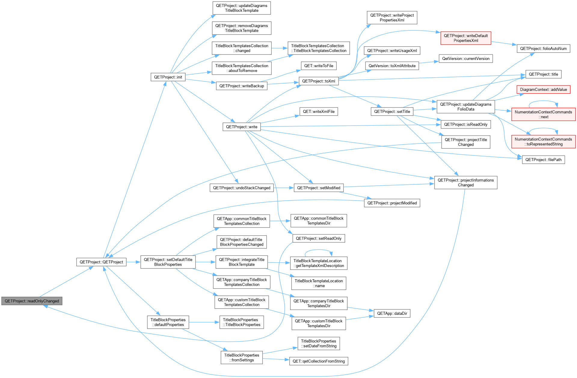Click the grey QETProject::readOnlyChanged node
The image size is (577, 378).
[x=32, y=301]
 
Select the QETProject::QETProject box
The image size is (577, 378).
[x=101, y=262]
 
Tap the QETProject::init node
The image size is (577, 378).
[x=168, y=77]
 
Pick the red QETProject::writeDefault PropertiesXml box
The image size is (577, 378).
[x=466, y=38]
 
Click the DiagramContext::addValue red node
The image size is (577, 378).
[x=543, y=89]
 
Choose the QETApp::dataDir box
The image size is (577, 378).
[x=392, y=313]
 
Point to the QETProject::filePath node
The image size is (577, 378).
[x=543, y=160]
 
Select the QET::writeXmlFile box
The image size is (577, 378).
[x=319, y=112]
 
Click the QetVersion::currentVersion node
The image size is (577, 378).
[x=466, y=59]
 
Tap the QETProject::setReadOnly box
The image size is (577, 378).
[x=319, y=238]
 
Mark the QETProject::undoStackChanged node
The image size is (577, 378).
[x=242, y=188]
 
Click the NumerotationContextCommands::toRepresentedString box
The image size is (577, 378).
[x=543, y=142]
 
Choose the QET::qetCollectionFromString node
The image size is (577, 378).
[x=319, y=361]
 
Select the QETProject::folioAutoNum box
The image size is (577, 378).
[x=543, y=48]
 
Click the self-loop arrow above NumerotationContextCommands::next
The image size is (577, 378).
[x=543, y=101]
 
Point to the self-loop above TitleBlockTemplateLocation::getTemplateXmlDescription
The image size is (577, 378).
[x=319, y=250]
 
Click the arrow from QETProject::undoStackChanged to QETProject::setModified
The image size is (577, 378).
[x=284, y=188]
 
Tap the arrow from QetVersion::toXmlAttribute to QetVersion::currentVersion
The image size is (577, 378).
[x=429, y=62]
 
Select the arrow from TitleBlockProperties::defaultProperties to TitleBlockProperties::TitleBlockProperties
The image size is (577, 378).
[x=204, y=322]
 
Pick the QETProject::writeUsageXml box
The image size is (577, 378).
[x=392, y=51]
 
